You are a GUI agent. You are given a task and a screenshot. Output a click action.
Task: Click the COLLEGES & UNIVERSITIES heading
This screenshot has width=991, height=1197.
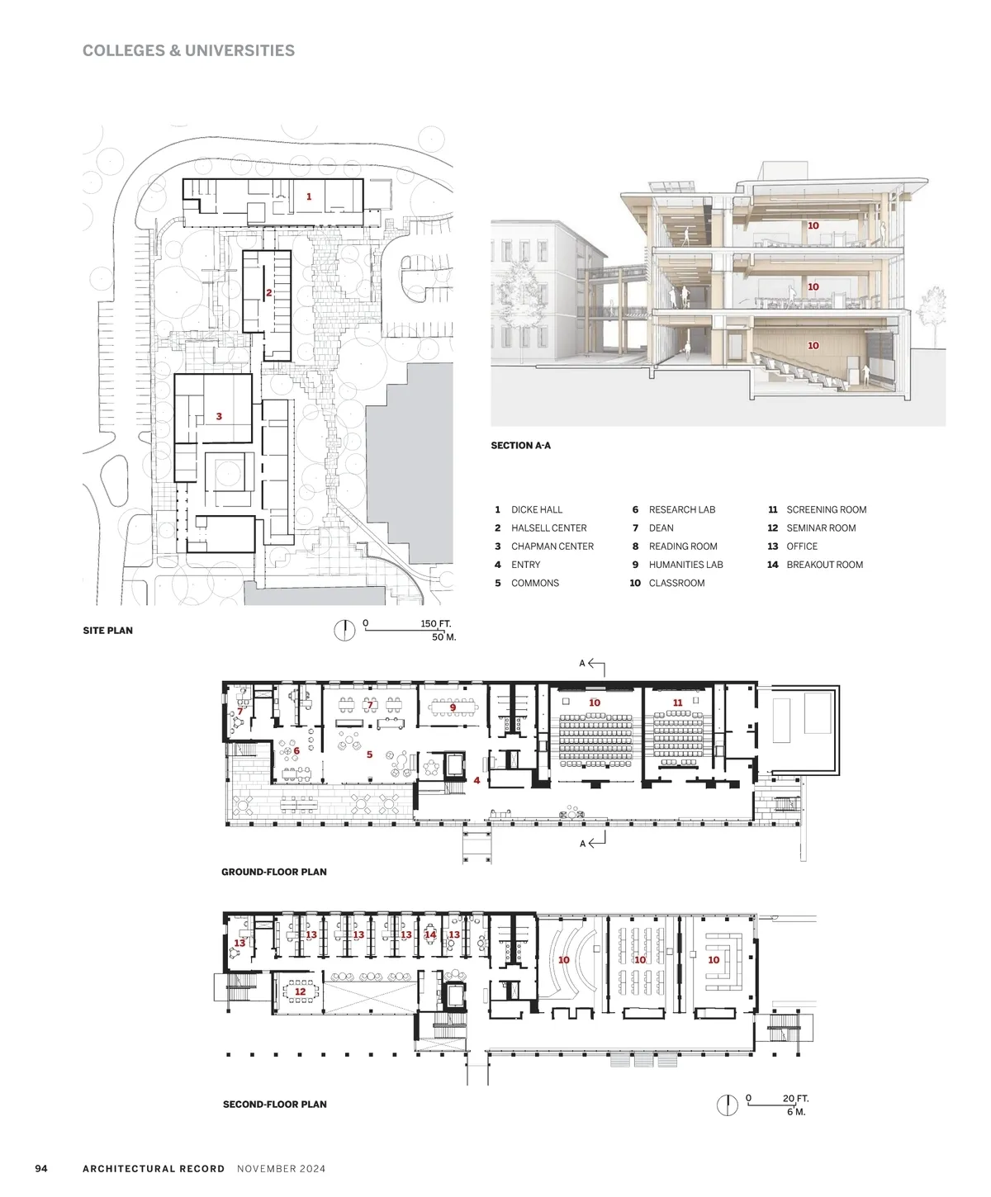(x=188, y=50)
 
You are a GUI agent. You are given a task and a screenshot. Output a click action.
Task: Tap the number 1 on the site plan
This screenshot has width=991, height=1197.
(x=309, y=196)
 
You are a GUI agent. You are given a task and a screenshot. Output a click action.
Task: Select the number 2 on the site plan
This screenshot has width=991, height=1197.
(x=268, y=292)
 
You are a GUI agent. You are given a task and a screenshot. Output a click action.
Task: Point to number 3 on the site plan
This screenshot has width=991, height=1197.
(x=219, y=416)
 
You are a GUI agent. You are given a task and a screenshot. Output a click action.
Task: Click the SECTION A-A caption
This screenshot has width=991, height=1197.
(x=520, y=446)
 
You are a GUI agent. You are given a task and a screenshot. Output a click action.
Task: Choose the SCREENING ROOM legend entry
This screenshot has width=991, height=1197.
(x=826, y=509)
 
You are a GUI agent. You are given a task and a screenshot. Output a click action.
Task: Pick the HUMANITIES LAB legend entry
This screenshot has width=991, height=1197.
(x=685, y=565)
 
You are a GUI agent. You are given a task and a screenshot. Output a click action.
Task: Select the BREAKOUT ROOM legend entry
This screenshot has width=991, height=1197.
(x=824, y=565)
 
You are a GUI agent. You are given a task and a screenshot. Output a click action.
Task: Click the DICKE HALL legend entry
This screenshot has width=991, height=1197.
(x=536, y=509)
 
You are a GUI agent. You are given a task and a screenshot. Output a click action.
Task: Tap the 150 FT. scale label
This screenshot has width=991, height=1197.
(x=435, y=623)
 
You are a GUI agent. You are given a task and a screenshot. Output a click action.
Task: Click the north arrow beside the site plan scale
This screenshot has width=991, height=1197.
(x=344, y=631)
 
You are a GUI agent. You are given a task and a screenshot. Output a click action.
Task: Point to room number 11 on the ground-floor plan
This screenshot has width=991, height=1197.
(x=677, y=703)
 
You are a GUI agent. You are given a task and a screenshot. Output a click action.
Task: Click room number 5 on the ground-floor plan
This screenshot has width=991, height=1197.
(x=369, y=755)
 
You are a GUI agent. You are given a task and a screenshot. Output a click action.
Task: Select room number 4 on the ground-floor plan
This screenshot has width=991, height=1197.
(x=476, y=780)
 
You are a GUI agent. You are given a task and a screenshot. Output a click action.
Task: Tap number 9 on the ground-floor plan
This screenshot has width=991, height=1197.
(x=453, y=707)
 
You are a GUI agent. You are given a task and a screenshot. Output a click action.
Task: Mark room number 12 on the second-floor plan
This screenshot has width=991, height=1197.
(x=300, y=991)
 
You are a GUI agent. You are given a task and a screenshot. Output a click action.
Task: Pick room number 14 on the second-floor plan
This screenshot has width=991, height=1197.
(x=429, y=934)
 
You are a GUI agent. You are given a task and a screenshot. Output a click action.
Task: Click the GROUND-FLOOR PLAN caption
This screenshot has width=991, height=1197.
(x=274, y=872)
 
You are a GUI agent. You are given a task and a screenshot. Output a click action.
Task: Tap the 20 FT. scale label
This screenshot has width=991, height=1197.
(x=795, y=1099)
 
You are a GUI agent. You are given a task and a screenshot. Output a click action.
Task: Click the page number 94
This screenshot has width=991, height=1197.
(x=41, y=1168)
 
